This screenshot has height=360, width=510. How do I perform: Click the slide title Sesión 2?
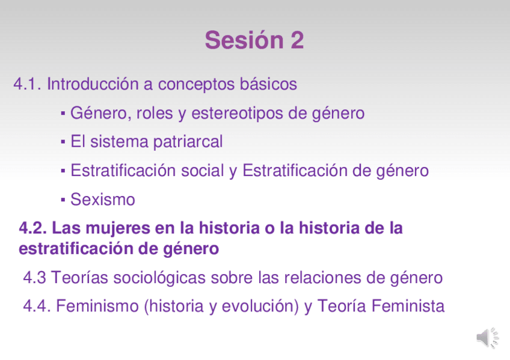pyautogui.click(x=254, y=40)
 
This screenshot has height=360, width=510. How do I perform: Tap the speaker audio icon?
pyautogui.click(x=487, y=338)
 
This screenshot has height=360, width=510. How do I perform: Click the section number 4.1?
pyautogui.click(x=27, y=84)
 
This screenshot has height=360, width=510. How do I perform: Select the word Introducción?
pyautogui.click(x=93, y=84)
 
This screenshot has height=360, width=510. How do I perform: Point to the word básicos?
pyautogui.click(x=268, y=84)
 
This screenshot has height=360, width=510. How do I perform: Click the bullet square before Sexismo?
pyautogui.click(x=63, y=200)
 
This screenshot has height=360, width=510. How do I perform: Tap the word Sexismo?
pyautogui.click(x=103, y=199)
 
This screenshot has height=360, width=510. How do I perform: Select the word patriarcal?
pyautogui.click(x=188, y=142)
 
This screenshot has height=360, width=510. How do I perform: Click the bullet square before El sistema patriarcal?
pyautogui.click(x=63, y=142)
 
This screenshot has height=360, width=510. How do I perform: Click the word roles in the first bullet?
pyautogui.click(x=155, y=113)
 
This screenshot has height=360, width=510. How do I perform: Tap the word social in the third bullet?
pyautogui.click(x=202, y=171)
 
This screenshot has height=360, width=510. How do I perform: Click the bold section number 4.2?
pyautogui.click(x=33, y=228)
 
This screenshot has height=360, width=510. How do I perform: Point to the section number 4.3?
pyautogui.click(x=34, y=278)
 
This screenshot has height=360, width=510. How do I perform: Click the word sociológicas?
pyautogui.click(x=159, y=278)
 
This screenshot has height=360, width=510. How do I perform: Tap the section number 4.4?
pyautogui.click(x=37, y=306)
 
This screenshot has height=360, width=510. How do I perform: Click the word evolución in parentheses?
pyautogui.click(x=260, y=307)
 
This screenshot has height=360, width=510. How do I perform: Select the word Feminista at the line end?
pyautogui.click(x=408, y=306)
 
